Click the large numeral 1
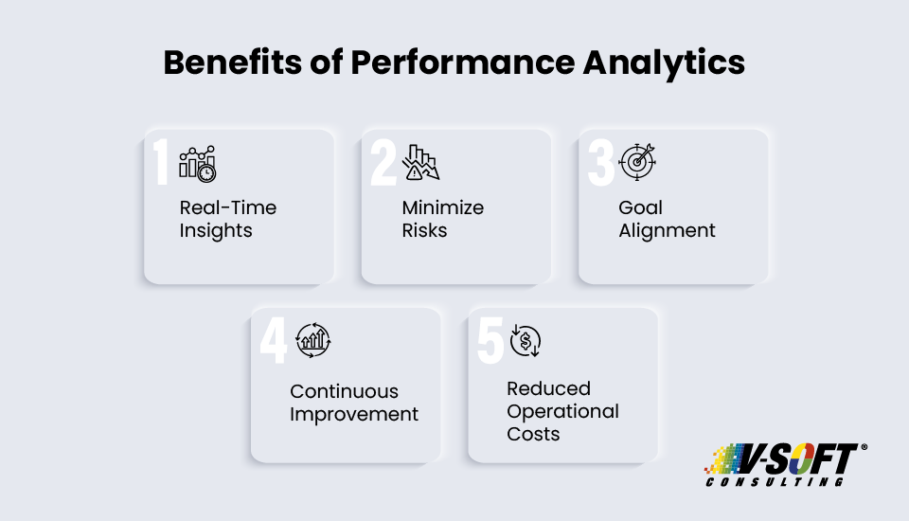162,163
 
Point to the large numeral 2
383,163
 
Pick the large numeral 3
600,163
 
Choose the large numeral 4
273,340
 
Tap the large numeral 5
490,340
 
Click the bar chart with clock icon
198,163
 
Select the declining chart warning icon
420,162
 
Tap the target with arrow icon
637,161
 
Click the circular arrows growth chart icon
312,340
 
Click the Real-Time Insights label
228,219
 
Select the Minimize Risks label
442,219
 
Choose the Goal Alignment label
667,219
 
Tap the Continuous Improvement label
353,403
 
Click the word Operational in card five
562,411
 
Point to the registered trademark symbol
863,447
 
